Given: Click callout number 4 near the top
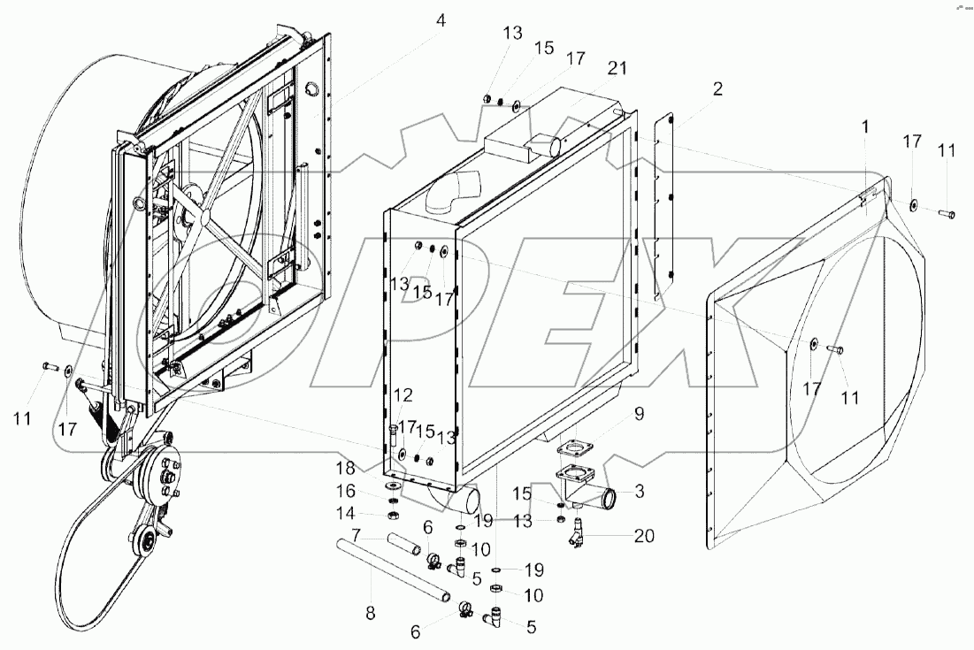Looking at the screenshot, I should tap(441, 19).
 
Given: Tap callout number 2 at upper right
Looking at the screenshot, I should tap(717, 88).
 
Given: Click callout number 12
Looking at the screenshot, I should tap(403, 395).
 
